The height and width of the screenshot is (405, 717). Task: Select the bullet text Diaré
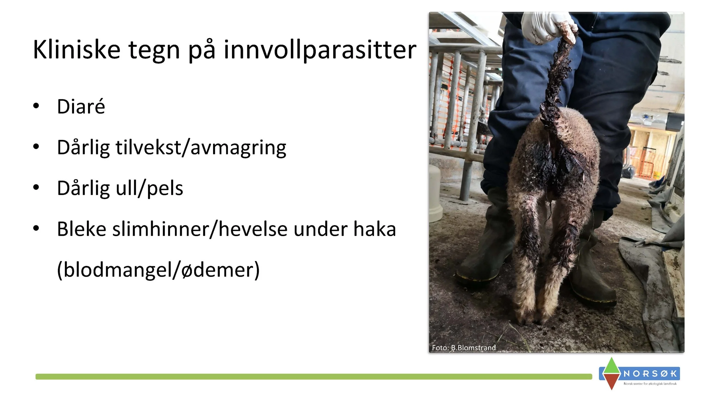pos(81,106)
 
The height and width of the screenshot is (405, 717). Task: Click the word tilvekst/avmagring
pos(201,147)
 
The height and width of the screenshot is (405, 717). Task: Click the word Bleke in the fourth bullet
pos(82,229)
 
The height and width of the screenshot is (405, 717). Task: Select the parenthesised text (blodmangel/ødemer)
pos(158,270)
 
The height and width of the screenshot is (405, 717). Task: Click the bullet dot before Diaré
pos(36,106)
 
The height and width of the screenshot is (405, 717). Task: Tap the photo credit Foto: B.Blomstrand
pos(464,348)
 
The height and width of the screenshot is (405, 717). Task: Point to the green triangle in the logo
pos(612,366)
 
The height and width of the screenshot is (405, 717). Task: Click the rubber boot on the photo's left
pos(488,252)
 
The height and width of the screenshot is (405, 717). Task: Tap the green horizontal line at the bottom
pos(313,377)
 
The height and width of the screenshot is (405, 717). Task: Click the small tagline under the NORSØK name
pos(650,384)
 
